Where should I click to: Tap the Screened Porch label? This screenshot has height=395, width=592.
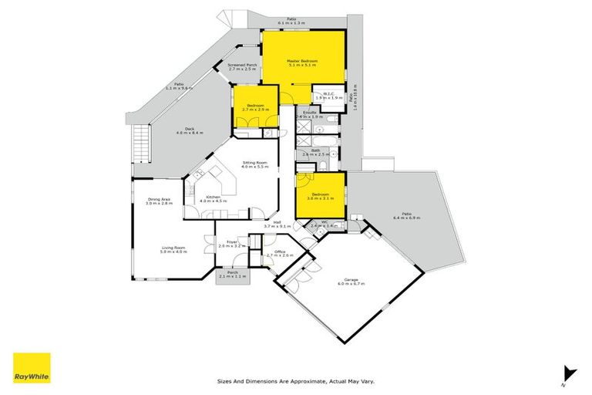pyautogui.click(x=241, y=67)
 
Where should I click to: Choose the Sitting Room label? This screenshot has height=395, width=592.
pyautogui.click(x=254, y=164)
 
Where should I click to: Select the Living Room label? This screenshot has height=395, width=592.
pyautogui.click(x=173, y=249)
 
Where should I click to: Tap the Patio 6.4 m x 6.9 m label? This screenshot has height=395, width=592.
pyautogui.click(x=406, y=217)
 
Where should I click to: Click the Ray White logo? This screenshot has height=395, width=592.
pyautogui.click(x=32, y=368)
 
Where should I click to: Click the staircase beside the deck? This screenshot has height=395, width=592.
pyautogui.click(x=140, y=142)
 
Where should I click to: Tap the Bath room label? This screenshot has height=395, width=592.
pyautogui.click(x=316, y=152)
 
